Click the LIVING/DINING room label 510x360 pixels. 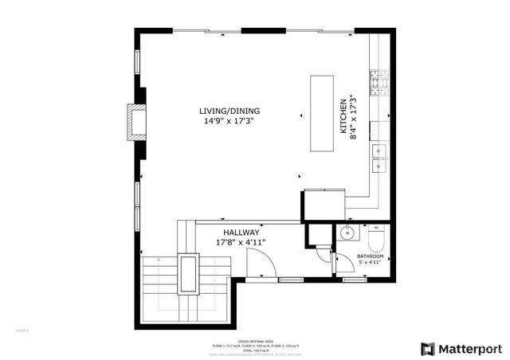coord(229,111)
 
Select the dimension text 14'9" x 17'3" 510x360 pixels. coord(229,122)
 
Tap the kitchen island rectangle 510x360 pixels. coord(323,113)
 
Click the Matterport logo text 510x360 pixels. coord(468,348)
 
